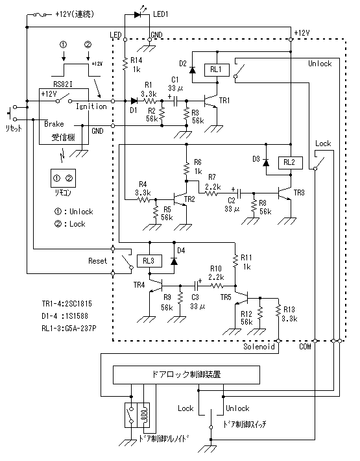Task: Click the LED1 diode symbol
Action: [x=137, y=14]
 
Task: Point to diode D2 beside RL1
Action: [x=193, y=70]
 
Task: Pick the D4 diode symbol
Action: [x=174, y=261]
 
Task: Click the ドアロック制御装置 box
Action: [x=186, y=375]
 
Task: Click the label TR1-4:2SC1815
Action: [x=67, y=304]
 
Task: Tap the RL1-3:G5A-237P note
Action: [x=69, y=328]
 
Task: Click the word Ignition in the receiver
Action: [x=91, y=106]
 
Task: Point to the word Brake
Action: [x=54, y=124]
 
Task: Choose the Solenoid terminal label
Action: [x=259, y=347]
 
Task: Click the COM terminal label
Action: [x=305, y=347]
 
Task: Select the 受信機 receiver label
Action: [x=64, y=137]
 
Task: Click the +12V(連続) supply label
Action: [x=75, y=14]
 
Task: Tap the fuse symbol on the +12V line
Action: [x=40, y=14]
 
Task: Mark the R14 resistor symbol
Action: [x=125, y=64]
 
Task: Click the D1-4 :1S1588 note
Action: [x=65, y=316]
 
